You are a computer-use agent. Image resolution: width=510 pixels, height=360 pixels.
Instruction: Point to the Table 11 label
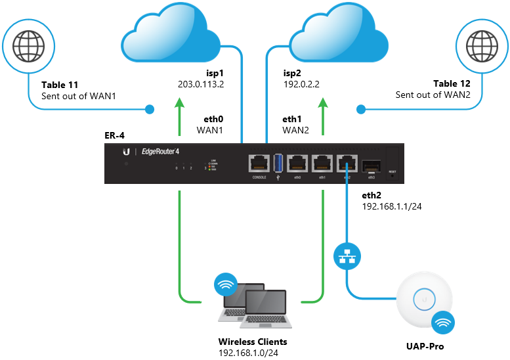pyautogui.click(x=60, y=85)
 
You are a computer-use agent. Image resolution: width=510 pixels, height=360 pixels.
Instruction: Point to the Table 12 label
pyautogui.click(x=451, y=85)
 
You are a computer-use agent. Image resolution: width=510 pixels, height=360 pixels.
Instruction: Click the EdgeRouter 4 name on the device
pyautogui.click(x=161, y=152)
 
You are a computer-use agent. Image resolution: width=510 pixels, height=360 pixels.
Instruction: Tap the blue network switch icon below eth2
pyautogui.click(x=346, y=256)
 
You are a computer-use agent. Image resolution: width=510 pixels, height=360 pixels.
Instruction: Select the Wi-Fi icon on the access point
pyautogui.click(x=443, y=323)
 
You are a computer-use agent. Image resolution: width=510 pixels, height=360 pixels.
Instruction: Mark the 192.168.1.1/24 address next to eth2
pyautogui.click(x=392, y=206)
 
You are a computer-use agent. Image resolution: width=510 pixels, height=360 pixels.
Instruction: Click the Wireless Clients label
pyautogui.click(x=253, y=343)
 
